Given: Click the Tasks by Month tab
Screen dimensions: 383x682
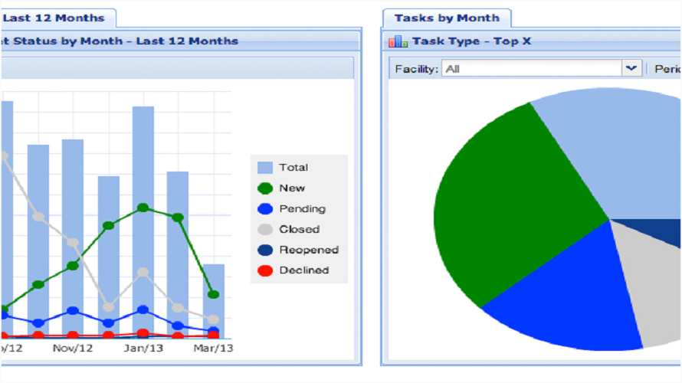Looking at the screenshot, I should point(446,18).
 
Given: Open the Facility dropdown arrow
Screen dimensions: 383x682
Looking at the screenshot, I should point(631,69).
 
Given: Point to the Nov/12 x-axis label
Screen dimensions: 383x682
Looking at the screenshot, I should point(73,349).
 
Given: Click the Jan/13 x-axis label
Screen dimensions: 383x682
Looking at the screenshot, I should point(143,349).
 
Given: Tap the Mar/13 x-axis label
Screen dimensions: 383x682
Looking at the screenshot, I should point(213,349).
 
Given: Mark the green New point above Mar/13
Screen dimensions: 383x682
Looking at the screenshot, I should point(213,294).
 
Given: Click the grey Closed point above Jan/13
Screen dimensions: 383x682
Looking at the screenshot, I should point(143,272).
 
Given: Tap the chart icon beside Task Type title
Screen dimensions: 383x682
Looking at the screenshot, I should point(398,41).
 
